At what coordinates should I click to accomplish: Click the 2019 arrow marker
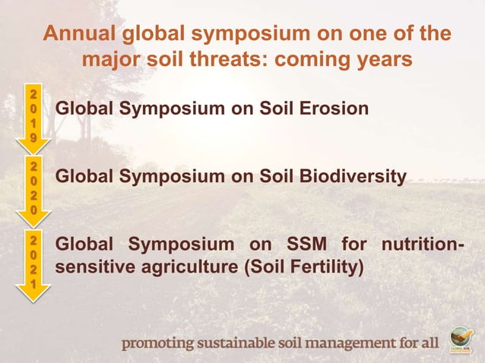(33, 116)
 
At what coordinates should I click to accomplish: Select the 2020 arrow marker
(33, 186)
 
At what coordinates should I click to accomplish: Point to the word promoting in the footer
(158, 343)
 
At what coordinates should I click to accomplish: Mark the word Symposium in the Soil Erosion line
(173, 109)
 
